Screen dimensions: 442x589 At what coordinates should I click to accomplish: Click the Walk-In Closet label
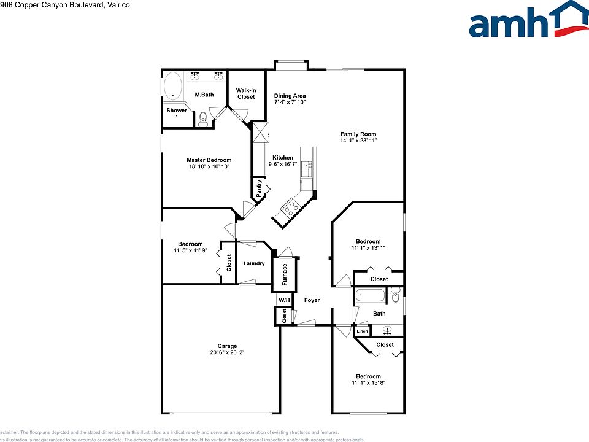tap(246, 93)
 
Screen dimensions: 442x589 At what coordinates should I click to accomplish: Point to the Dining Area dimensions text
tap(290, 103)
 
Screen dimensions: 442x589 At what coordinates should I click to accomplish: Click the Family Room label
tap(358, 134)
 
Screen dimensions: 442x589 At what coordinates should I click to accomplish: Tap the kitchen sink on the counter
tap(306, 164)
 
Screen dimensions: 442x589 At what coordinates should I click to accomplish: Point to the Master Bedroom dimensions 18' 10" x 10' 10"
tap(209, 166)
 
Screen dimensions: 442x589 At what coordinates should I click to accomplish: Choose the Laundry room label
tap(254, 263)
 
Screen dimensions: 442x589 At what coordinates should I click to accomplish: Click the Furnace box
tap(285, 274)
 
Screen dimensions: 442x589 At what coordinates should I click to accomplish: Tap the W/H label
tap(283, 300)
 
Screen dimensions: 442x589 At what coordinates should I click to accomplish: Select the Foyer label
tap(312, 300)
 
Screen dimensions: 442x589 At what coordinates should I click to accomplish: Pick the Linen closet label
tap(362, 331)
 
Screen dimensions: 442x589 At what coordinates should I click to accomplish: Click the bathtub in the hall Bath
tap(370, 296)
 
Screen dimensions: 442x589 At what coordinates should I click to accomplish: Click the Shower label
tap(177, 110)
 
